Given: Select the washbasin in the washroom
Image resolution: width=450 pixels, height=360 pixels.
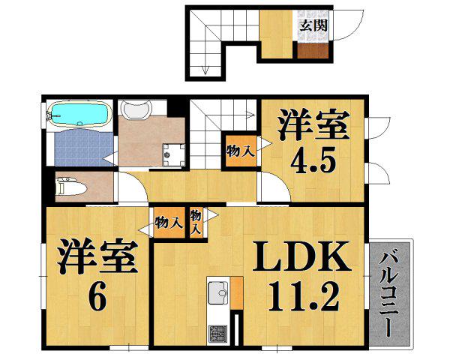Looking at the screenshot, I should click(136, 111).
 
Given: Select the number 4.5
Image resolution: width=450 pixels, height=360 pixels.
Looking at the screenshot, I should click(312, 160).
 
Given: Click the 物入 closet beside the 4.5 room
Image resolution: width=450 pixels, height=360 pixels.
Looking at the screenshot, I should click(239, 149).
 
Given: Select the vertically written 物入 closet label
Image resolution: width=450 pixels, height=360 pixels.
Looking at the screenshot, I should click(196, 222).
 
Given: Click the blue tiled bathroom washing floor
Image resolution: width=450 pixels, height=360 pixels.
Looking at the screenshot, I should click(82, 148).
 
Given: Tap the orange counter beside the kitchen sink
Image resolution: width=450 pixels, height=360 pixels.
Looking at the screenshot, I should click(237, 292).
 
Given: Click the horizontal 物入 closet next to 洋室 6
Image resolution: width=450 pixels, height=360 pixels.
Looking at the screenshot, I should click(169, 222).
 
